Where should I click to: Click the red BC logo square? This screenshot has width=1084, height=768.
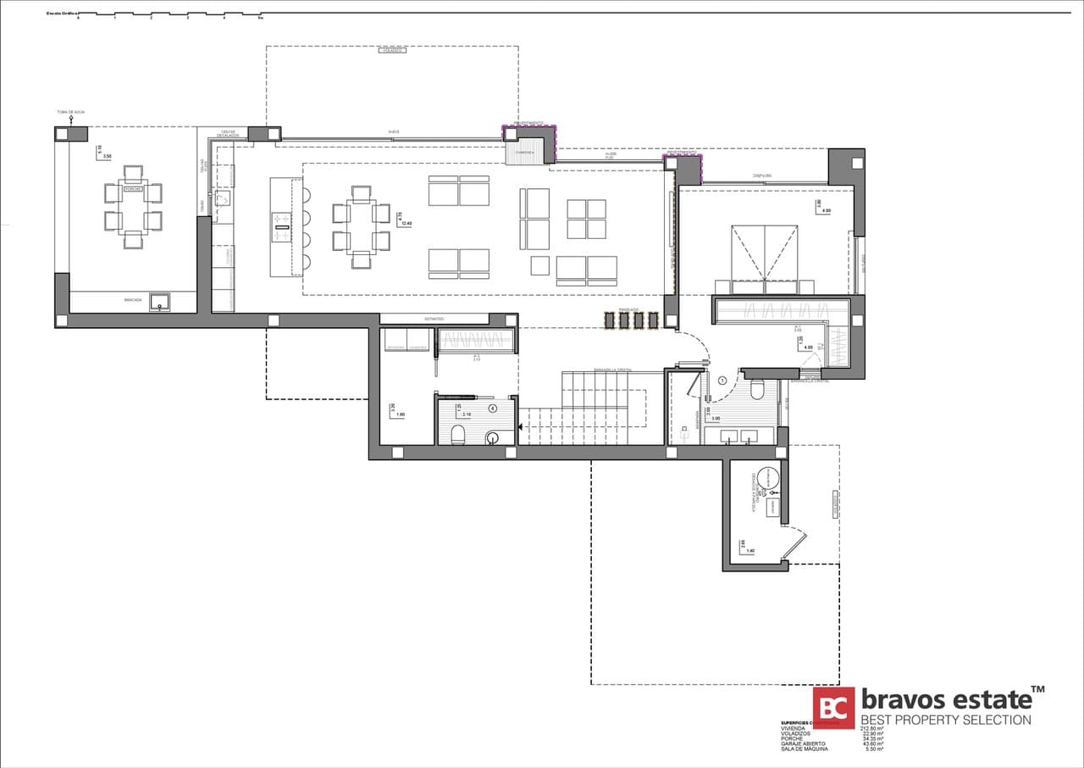point(833,708)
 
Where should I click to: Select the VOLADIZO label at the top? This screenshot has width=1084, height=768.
point(392,51)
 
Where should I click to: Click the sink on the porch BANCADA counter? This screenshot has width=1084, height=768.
point(158,302)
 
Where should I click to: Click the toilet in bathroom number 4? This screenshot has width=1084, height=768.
point(458,436)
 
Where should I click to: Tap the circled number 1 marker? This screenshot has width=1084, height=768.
point(722,381)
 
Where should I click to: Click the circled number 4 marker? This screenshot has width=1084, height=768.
point(494,408)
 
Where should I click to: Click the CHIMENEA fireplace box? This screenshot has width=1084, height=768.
point(521,153)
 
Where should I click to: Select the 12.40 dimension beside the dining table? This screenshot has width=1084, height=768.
point(406,224)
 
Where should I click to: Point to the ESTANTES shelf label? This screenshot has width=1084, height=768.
point(434,319)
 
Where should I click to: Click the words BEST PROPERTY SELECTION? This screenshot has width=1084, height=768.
point(946,721)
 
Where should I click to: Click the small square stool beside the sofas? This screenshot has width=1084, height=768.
point(539,265)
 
